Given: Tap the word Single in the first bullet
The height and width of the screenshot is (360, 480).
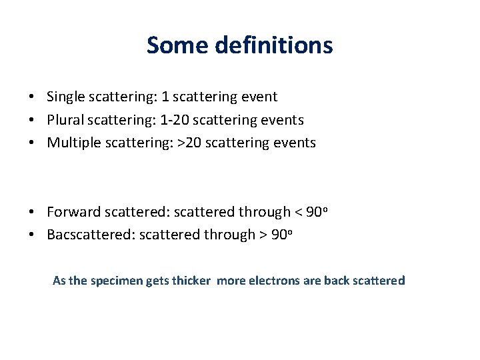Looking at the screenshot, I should click(66, 97).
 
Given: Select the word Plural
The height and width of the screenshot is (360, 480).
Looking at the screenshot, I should click(66, 120).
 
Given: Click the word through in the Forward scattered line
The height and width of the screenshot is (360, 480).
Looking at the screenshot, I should click(263, 212).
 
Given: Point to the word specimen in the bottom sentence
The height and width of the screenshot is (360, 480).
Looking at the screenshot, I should click(116, 281).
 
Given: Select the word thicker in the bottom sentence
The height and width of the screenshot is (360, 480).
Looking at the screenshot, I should click(192, 281).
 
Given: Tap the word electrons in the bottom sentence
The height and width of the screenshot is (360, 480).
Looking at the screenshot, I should click(274, 281).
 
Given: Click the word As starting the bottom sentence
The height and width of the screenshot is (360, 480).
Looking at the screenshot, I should click(59, 281).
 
